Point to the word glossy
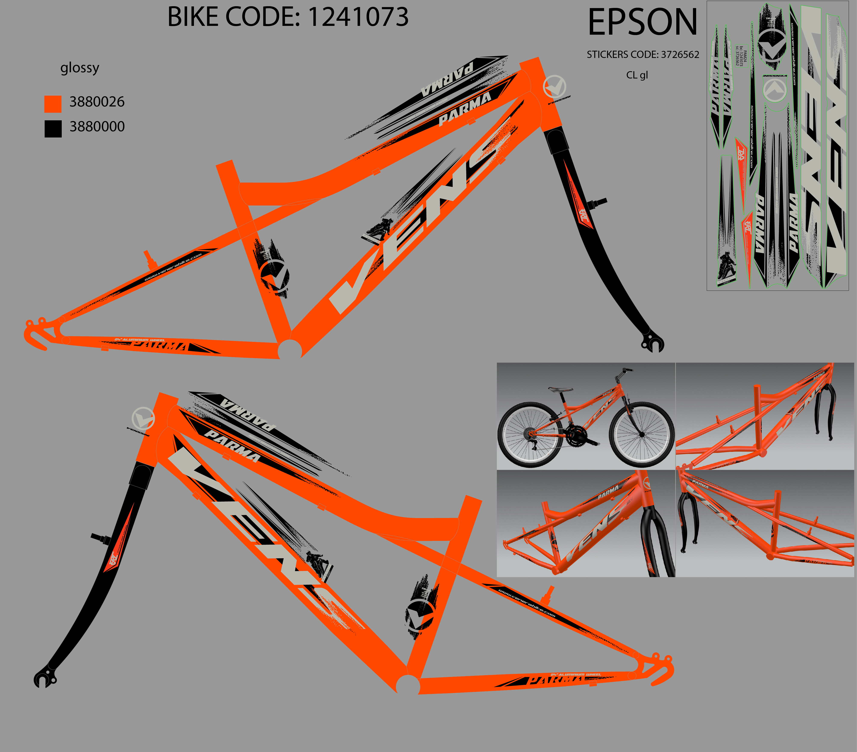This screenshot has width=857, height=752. pos(80,68)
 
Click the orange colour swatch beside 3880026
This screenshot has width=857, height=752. pos(53,104)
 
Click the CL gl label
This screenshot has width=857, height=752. pos(637,75)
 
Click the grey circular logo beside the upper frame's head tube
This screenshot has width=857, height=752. pos(554,87)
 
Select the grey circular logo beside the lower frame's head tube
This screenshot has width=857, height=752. pos(143,418)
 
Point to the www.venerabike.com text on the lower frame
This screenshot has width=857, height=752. pos(527,603)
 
